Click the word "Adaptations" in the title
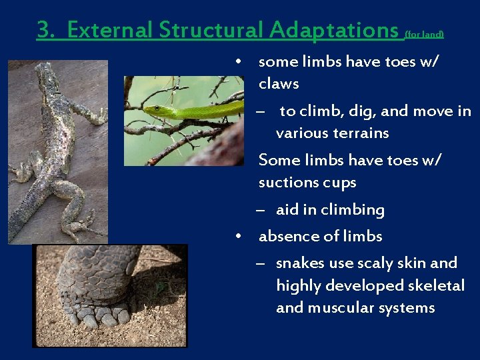pyautogui.click(x=334, y=30)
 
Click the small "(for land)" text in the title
pyautogui.click(x=424, y=33)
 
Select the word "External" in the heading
pyautogui.click(x=111, y=30)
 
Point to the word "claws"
pyautogui.click(x=279, y=84)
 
